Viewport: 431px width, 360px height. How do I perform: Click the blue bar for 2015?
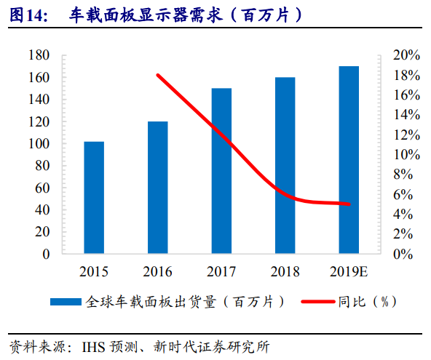94,198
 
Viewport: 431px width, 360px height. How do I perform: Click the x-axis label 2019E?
349,272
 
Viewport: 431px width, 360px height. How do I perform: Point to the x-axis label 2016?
158,272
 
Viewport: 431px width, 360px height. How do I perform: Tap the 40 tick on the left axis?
43,210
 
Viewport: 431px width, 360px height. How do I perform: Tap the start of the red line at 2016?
158,75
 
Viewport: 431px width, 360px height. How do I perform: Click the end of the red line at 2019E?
349,204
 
